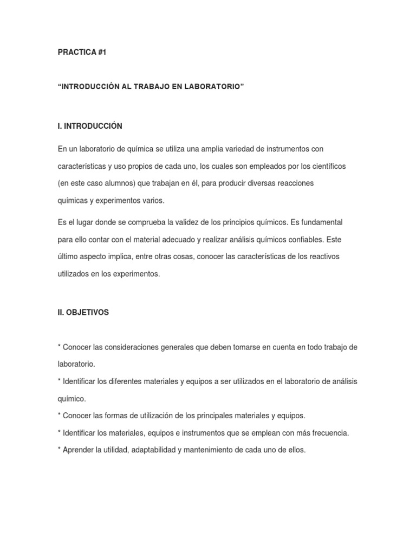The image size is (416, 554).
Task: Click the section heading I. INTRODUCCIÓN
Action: [x=90, y=126]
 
